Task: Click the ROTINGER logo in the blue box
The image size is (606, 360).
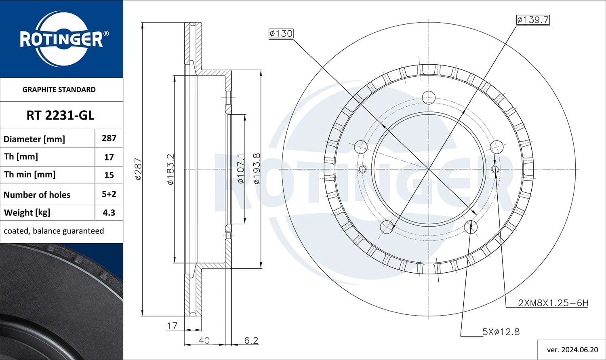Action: [61, 39]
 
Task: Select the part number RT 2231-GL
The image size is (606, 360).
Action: [60, 116]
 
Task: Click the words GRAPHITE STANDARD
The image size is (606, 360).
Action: [59, 90]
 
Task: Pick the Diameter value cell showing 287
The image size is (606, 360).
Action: [109, 138]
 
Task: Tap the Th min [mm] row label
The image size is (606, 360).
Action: [30, 175]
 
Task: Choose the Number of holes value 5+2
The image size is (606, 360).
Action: [109, 194]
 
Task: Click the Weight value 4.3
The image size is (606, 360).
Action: [109, 213]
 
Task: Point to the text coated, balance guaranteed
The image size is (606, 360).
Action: [54, 231]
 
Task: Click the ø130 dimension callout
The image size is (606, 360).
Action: [281, 34]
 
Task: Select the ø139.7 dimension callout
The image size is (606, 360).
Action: [533, 20]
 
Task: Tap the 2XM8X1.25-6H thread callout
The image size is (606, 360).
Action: [553, 303]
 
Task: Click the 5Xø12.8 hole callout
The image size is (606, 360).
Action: [501, 332]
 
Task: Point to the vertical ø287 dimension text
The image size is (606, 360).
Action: [138, 169]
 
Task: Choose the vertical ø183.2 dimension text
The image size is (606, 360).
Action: [170, 169]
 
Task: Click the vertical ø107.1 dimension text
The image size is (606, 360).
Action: [240, 169]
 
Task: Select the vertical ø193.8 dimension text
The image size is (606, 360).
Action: [257, 169]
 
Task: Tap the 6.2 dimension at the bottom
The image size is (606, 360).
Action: [251, 341]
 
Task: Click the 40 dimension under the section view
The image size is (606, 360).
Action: [204, 341]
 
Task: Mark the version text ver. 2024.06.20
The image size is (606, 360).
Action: [572, 349]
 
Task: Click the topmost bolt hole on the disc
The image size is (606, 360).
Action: [428, 97]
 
